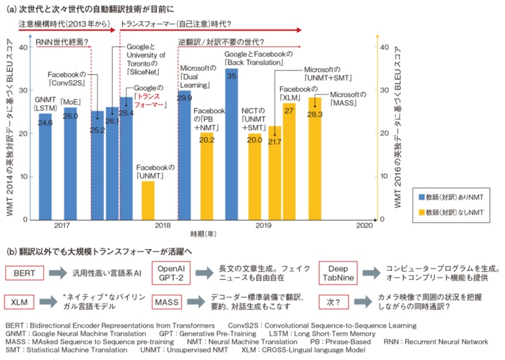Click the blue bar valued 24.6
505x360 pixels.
[x=45, y=171]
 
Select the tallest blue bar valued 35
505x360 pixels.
[x=232, y=145]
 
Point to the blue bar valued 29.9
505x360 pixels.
[x=184, y=158]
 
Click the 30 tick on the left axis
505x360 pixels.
[x=23, y=90]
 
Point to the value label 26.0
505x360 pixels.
[x=70, y=116]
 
